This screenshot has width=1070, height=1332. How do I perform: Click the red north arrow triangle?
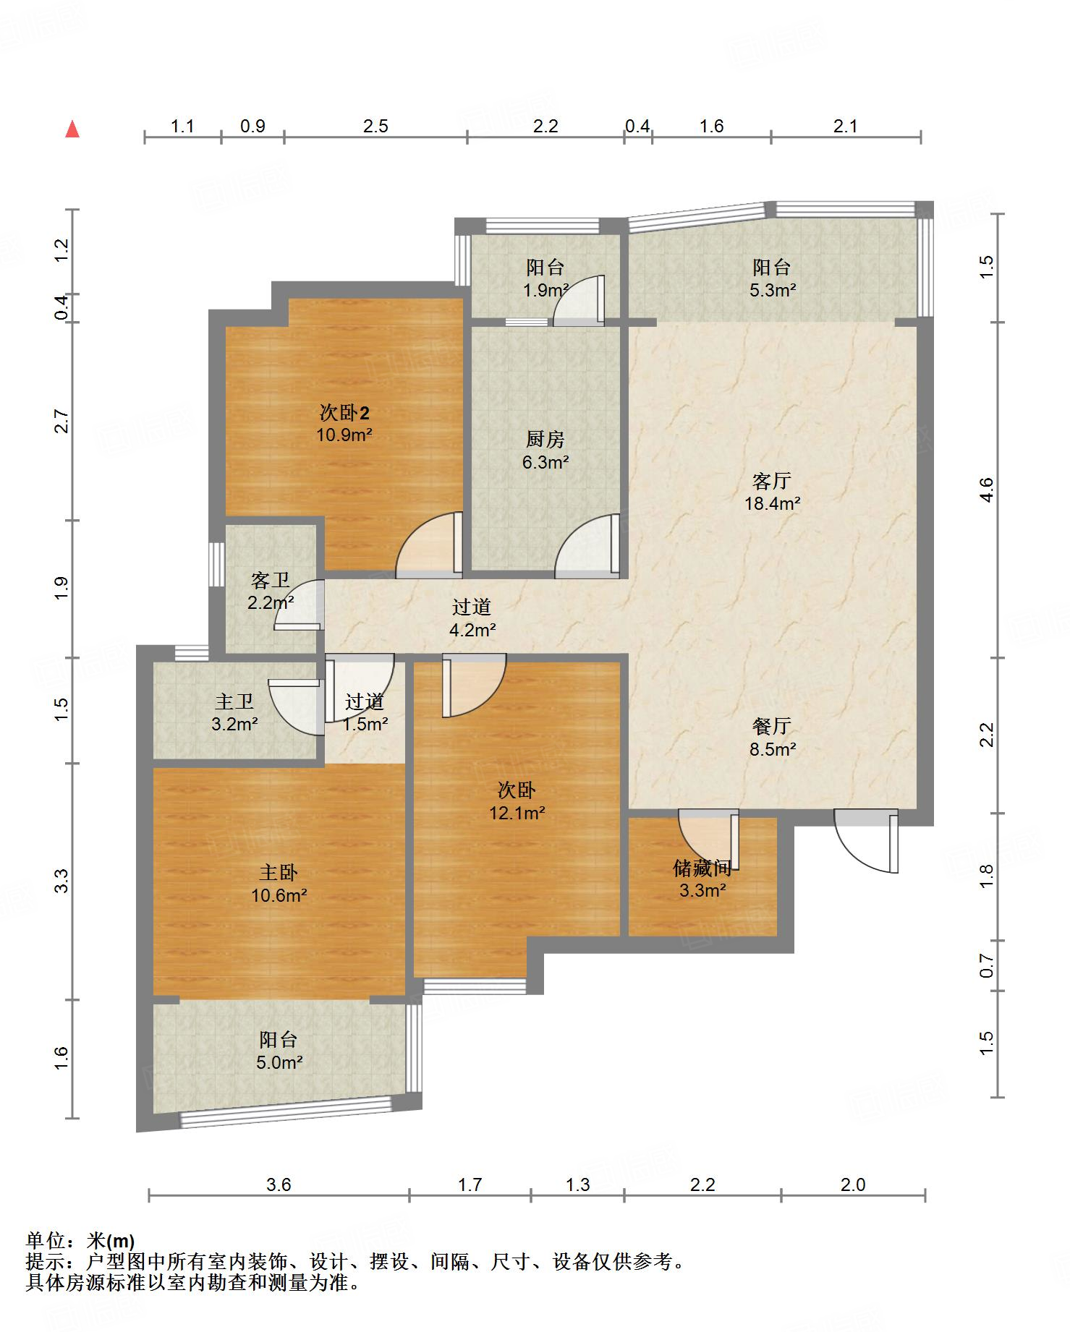(72, 129)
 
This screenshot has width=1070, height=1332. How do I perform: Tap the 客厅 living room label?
(772, 481)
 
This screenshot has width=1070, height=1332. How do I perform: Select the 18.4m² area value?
(772, 504)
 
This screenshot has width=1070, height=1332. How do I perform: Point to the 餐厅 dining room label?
(772, 726)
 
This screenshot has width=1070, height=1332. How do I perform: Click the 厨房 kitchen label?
(545, 439)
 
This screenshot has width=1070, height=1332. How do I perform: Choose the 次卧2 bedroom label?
(344, 413)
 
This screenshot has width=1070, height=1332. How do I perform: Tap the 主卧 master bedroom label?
(279, 873)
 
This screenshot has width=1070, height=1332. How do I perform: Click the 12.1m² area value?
(517, 813)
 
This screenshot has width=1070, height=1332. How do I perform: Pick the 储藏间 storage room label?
(702, 867)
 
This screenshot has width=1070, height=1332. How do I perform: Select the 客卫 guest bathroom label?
(271, 580)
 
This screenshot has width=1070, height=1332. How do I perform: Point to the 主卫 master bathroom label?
(234, 701)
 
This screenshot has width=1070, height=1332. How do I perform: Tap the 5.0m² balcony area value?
(279, 1062)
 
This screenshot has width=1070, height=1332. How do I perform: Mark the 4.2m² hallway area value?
(472, 630)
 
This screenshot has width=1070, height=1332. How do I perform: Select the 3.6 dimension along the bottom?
(279, 1184)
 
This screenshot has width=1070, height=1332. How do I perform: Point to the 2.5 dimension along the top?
(375, 127)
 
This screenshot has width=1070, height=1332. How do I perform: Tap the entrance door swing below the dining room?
(867, 840)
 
